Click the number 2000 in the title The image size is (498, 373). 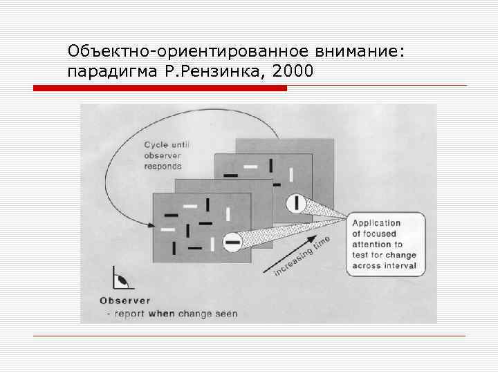point(294,70)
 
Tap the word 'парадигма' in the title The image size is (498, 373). point(107,70)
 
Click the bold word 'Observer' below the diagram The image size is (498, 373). point(124,300)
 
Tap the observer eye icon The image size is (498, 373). point(120,280)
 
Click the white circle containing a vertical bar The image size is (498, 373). point(297,202)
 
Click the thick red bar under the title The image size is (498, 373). point(160,88)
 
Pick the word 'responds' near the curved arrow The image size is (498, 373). point(163,166)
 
